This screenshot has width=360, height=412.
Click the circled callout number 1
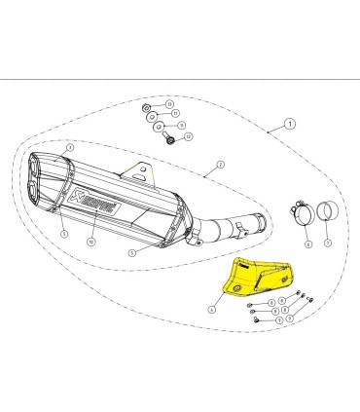tap(289, 126)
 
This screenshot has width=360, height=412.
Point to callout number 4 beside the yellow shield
tap(210, 307)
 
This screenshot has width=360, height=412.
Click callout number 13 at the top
tap(171, 103)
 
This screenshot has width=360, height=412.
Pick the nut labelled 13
tap(146, 104)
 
